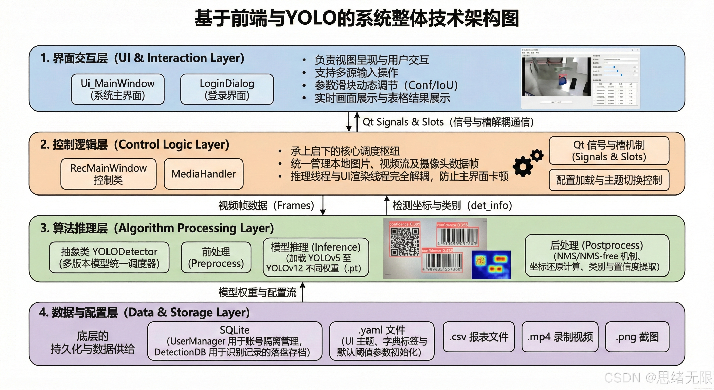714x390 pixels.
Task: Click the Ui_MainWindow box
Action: (118, 89)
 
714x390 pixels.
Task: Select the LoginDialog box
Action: (227, 89)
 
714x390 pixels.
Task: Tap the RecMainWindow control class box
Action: (108, 174)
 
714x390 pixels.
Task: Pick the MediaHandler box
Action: (203, 174)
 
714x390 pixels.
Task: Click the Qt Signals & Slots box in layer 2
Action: (609, 151)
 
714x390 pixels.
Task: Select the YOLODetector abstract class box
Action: (109, 257)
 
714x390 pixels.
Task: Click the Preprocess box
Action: (216, 257)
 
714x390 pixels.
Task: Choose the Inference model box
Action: (316, 257)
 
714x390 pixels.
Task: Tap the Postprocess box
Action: (597, 256)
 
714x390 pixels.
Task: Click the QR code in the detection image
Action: (405, 241)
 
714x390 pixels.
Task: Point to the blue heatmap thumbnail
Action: (491, 265)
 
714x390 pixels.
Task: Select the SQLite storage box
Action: (235, 341)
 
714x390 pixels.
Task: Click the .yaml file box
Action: (382, 341)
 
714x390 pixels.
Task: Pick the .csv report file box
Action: (479, 337)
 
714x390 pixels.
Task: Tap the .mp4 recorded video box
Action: (560, 337)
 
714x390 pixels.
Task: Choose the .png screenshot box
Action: (637, 337)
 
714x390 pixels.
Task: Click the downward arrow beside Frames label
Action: (323, 205)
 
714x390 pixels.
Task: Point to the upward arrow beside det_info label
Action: (387, 205)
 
